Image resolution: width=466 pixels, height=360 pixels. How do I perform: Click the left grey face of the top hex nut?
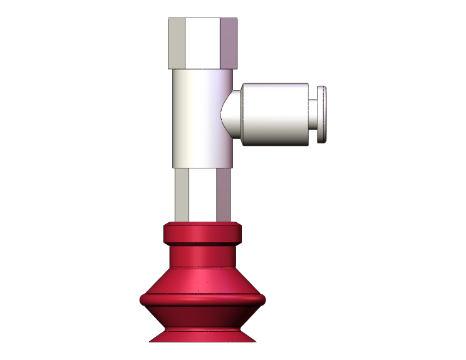177,43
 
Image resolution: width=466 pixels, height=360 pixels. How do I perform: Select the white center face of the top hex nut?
204,43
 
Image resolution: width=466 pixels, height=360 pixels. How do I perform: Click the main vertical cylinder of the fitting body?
194,119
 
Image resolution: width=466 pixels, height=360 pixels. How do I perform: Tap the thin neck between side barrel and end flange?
313,114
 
